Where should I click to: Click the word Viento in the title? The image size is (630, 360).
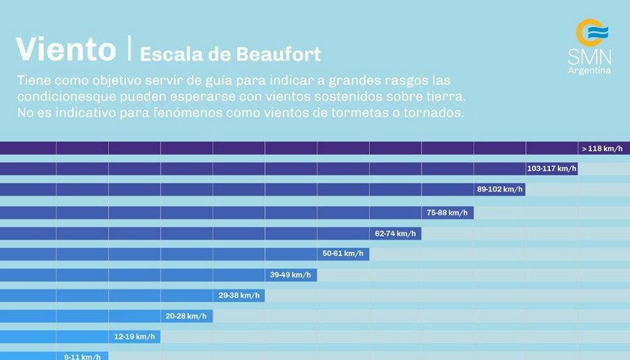click(65, 49)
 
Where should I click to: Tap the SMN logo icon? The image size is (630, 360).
click(592, 34)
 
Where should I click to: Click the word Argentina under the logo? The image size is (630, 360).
click(589, 70)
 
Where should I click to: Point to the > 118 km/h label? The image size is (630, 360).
click(601, 149)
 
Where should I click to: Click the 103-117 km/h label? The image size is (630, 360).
click(551, 169)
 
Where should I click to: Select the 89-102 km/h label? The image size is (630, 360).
click(499, 190)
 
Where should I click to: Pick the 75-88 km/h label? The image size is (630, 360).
click(447, 213)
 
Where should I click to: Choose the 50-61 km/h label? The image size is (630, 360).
click(343, 254)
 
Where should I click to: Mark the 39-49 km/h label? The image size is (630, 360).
click(290, 275)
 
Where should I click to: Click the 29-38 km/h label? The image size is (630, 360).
click(239, 295)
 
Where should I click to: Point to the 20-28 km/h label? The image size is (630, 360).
click(187, 317)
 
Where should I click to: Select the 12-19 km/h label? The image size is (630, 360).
click(134, 337)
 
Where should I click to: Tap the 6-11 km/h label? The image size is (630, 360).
click(83, 357)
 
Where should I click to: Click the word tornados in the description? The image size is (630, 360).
click(430, 112)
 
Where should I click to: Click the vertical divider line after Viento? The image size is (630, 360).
click(128, 49)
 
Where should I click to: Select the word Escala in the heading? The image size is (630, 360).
click(167, 55)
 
